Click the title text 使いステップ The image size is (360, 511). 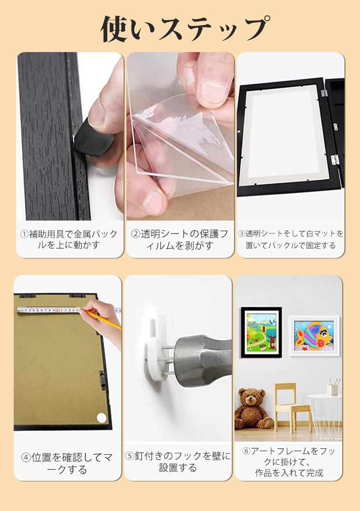click(185, 29)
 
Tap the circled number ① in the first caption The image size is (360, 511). click(25, 234)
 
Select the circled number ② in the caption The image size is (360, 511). click(136, 234)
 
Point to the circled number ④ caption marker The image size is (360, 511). click(26, 458)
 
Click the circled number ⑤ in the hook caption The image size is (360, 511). click(130, 456)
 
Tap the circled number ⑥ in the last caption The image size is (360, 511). click(246, 451)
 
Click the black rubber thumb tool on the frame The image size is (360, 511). click(94, 137)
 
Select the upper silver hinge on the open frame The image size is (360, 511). click(324, 93)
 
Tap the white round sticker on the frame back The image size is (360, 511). click(101, 417)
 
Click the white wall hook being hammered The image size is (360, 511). click(156, 350)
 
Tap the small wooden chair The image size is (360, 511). click(291, 407)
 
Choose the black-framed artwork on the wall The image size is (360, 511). click(261, 332)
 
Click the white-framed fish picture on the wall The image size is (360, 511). click(313, 336)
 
